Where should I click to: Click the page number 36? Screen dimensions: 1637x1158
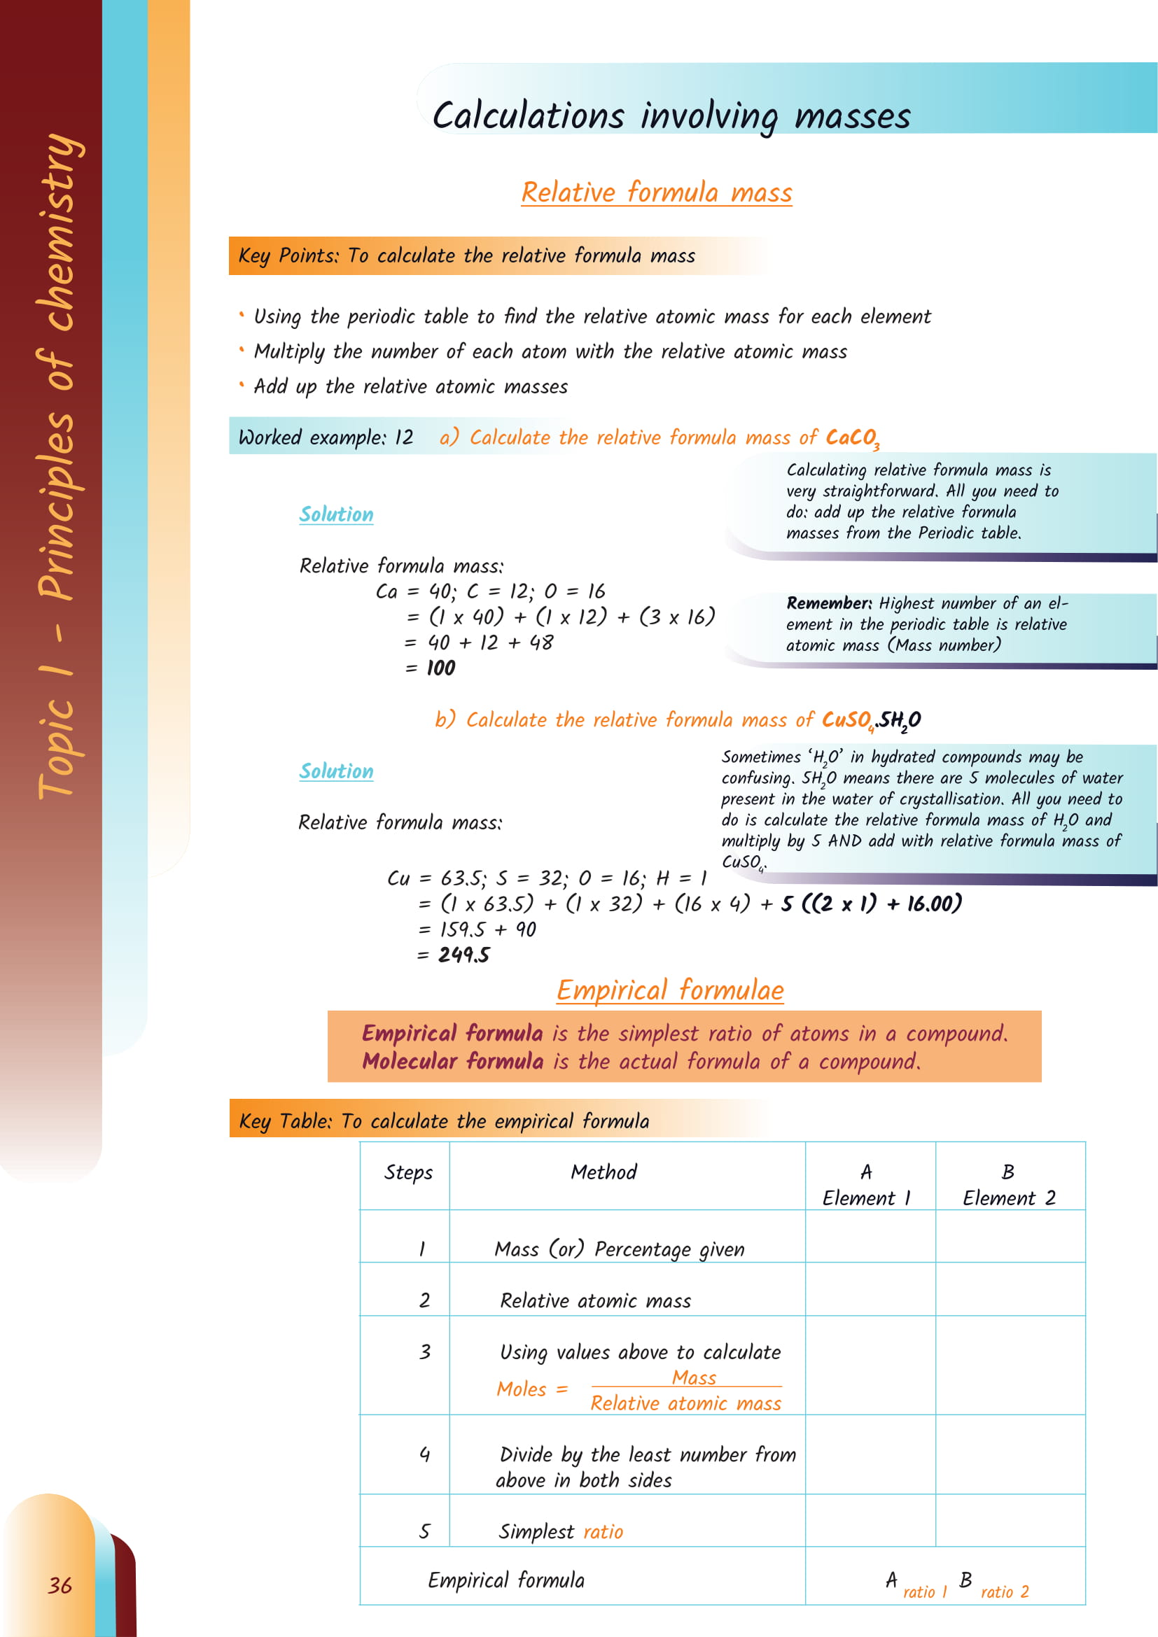tap(60, 1585)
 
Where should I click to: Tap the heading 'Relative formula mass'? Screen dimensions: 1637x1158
tap(656, 192)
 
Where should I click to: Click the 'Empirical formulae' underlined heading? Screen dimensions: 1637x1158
tap(669, 990)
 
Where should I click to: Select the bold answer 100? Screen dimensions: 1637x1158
tap(440, 668)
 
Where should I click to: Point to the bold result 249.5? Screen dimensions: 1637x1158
tap(463, 955)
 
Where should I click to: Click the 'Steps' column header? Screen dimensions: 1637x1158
tap(408, 1172)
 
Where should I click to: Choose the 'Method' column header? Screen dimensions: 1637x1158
tap(604, 1172)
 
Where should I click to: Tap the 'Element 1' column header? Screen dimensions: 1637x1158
tap(866, 1197)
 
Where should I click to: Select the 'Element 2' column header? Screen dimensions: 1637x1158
tap(1008, 1197)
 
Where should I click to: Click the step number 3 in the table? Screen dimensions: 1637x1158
tap(425, 1352)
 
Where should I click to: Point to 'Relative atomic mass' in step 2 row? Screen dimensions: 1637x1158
tap(595, 1301)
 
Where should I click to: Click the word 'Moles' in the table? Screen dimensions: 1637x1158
tap(522, 1389)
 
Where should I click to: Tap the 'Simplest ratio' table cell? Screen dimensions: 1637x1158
tap(561, 1531)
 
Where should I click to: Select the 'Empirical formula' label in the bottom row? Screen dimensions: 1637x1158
tap(505, 1581)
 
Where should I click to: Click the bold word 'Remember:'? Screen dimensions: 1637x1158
tap(828, 603)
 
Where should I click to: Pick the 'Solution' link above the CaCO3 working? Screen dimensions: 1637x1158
tap(336, 514)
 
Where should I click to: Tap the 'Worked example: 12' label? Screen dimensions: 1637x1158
tap(326, 437)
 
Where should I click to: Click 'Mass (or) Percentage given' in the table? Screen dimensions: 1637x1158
tap(619, 1249)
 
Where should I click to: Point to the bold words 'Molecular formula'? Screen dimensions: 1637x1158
tap(453, 1062)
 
